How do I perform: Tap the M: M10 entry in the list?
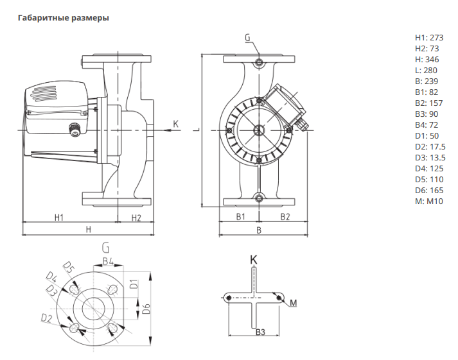pyautogui.click(x=429, y=201)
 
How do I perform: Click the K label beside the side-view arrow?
pyautogui.click(x=175, y=123)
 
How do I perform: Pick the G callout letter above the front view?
pyautogui.click(x=247, y=38)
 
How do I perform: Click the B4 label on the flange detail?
pyautogui.click(x=108, y=261)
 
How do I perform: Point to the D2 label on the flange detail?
pyautogui.click(x=47, y=318)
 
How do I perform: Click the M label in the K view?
pyautogui.click(x=293, y=302)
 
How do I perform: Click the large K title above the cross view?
pyautogui.click(x=253, y=259)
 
